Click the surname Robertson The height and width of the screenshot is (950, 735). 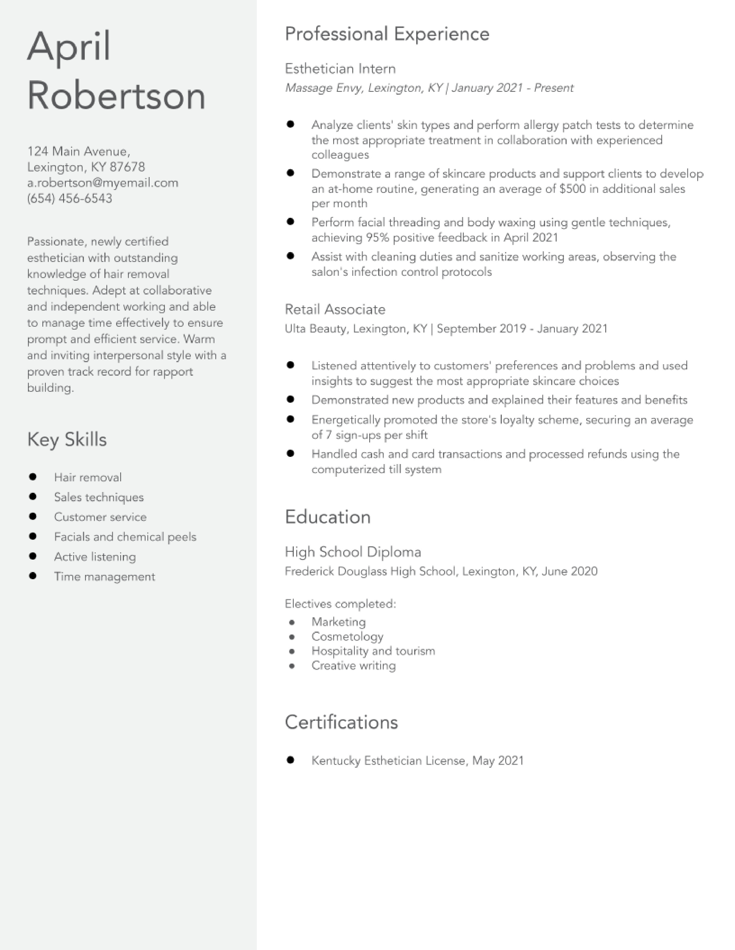(x=116, y=96)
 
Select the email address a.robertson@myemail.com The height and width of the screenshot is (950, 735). (x=103, y=183)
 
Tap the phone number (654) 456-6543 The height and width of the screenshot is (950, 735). (x=70, y=198)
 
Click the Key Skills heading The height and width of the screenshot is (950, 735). (x=67, y=439)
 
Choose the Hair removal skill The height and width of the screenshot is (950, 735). (x=88, y=477)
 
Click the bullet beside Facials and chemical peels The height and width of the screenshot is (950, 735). (x=33, y=536)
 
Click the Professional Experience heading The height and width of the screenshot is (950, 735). (x=387, y=34)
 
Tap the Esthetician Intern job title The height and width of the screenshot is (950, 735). (x=340, y=69)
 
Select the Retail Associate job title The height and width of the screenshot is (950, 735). (x=335, y=309)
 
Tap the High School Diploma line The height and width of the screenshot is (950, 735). (x=353, y=552)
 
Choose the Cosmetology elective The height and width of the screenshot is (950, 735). (x=347, y=636)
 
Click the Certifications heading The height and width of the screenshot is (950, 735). (x=341, y=722)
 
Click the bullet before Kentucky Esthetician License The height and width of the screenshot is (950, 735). (x=291, y=760)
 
